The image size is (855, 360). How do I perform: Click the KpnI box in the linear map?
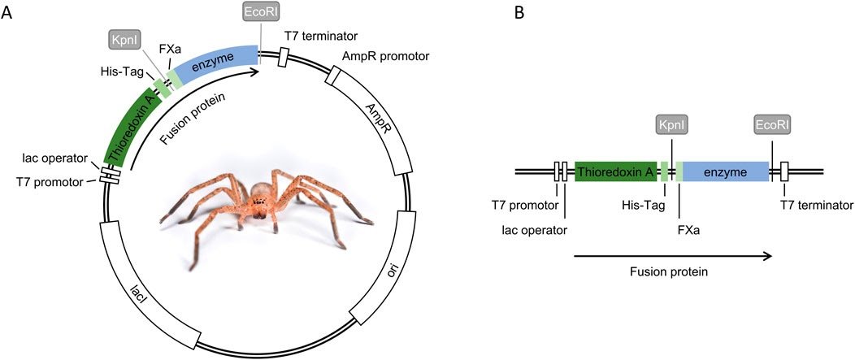[x=672, y=125]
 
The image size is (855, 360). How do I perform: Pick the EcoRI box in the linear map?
[x=772, y=125]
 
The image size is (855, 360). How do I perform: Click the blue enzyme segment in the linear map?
[x=725, y=171]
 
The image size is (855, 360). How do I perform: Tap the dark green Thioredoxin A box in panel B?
[x=615, y=171]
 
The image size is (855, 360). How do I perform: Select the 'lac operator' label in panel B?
[x=535, y=229]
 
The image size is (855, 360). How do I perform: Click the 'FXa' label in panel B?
[x=688, y=229]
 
